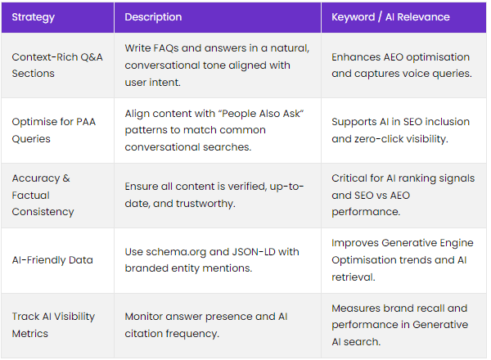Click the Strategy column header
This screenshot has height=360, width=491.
[x=34, y=17]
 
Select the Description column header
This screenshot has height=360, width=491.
[x=153, y=17]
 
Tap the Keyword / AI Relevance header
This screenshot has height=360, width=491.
[x=390, y=17]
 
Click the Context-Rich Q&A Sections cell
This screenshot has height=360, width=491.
[x=57, y=65]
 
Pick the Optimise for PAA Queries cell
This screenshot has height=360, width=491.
[x=53, y=130]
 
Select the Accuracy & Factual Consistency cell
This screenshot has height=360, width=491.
[x=43, y=195]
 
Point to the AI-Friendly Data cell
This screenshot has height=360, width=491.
[x=52, y=260]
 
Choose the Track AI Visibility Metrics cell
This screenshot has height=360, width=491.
[x=53, y=325]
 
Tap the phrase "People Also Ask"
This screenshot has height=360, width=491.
[x=263, y=114]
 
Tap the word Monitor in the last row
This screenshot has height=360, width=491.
[x=144, y=317]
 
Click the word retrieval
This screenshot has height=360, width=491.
[x=354, y=277]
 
